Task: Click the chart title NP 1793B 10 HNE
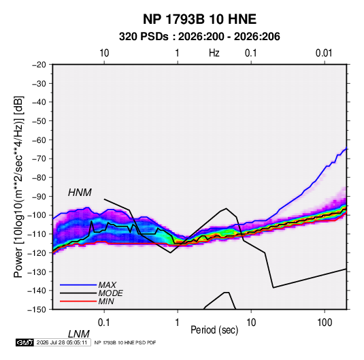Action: pyautogui.click(x=199, y=19)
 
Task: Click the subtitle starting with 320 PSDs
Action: pyautogui.click(x=199, y=37)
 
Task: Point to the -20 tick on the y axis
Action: pyautogui.click(x=39, y=65)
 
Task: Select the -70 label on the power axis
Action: pyautogui.click(x=39, y=159)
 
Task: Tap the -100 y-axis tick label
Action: pyautogui.click(x=37, y=215)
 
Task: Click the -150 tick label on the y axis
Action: pyautogui.click(x=37, y=310)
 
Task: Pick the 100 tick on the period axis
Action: pyautogui.click(x=325, y=323)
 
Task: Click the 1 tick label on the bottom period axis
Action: pyautogui.click(x=178, y=323)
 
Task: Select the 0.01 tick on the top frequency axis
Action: pyautogui.click(x=324, y=53)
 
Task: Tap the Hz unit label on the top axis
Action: pyautogui.click(x=214, y=53)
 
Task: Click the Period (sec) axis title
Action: pyautogui.click(x=214, y=329)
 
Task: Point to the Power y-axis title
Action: pyautogui.click(x=18, y=187)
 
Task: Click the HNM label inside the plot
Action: pyautogui.click(x=80, y=193)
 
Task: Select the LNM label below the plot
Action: pyautogui.click(x=79, y=334)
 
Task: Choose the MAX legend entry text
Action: pyautogui.click(x=107, y=284)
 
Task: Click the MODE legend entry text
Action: pyautogui.click(x=110, y=293)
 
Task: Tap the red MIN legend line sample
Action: pyautogui.click(x=78, y=301)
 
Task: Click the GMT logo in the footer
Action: pyautogui.click(x=25, y=342)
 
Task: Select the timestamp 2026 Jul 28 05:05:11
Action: pyautogui.click(x=62, y=342)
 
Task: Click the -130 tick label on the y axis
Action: pyautogui.click(x=37, y=272)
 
